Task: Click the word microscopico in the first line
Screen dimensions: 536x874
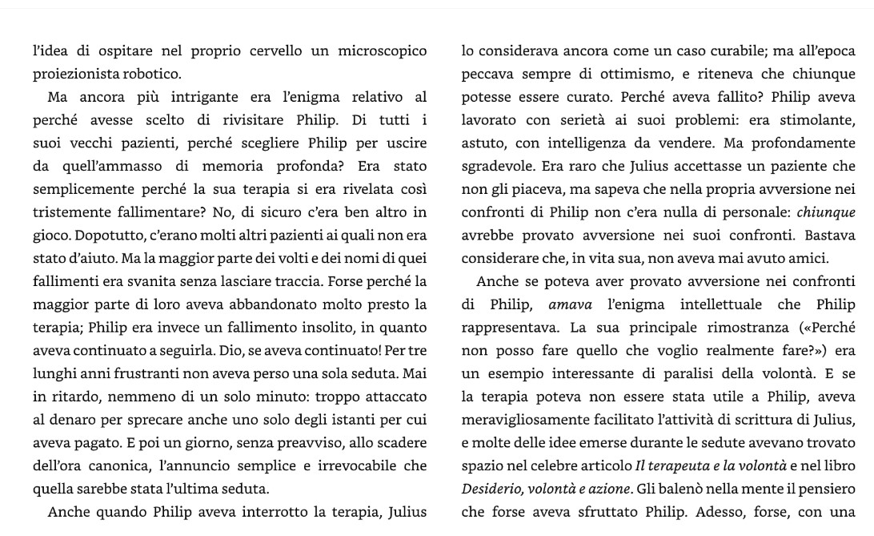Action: tap(383, 51)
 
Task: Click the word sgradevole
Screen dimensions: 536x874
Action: tap(497, 167)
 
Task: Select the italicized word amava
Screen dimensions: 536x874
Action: tap(571, 305)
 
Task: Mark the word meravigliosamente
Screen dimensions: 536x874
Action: tap(529, 421)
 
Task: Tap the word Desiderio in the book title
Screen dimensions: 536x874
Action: tap(491, 490)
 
